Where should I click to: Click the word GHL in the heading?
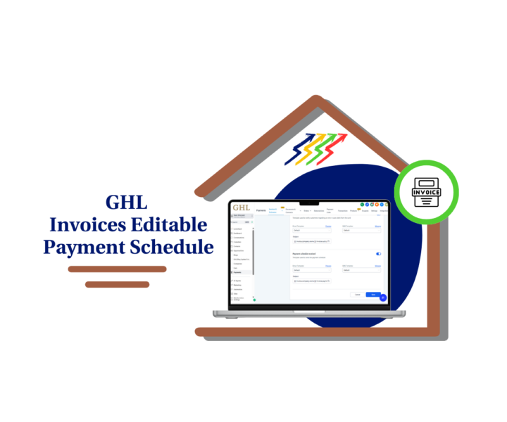pos(127,203)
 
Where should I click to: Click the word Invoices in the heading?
pos(90,225)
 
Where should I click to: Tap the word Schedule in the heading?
pos(170,247)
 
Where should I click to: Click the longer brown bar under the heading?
pos(117,269)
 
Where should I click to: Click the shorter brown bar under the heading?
pos(117,284)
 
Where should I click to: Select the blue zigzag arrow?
pos(299,150)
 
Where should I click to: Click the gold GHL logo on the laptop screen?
pos(241,208)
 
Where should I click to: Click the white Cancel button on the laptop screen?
pos(357,294)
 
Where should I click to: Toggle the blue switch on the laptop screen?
pos(379,254)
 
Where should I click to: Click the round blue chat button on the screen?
pos(383,297)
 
